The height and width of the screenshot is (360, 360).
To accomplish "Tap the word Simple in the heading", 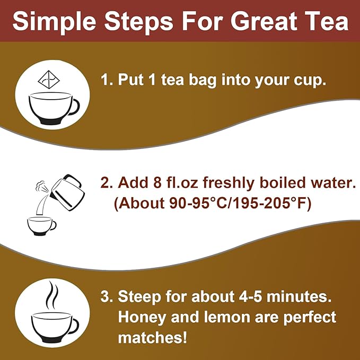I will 52,21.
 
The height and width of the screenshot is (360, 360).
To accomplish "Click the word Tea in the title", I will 329,21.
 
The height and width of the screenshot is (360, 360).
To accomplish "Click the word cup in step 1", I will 308,81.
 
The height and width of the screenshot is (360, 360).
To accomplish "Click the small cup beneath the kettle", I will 42,224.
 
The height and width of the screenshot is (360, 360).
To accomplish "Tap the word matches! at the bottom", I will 153,338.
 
